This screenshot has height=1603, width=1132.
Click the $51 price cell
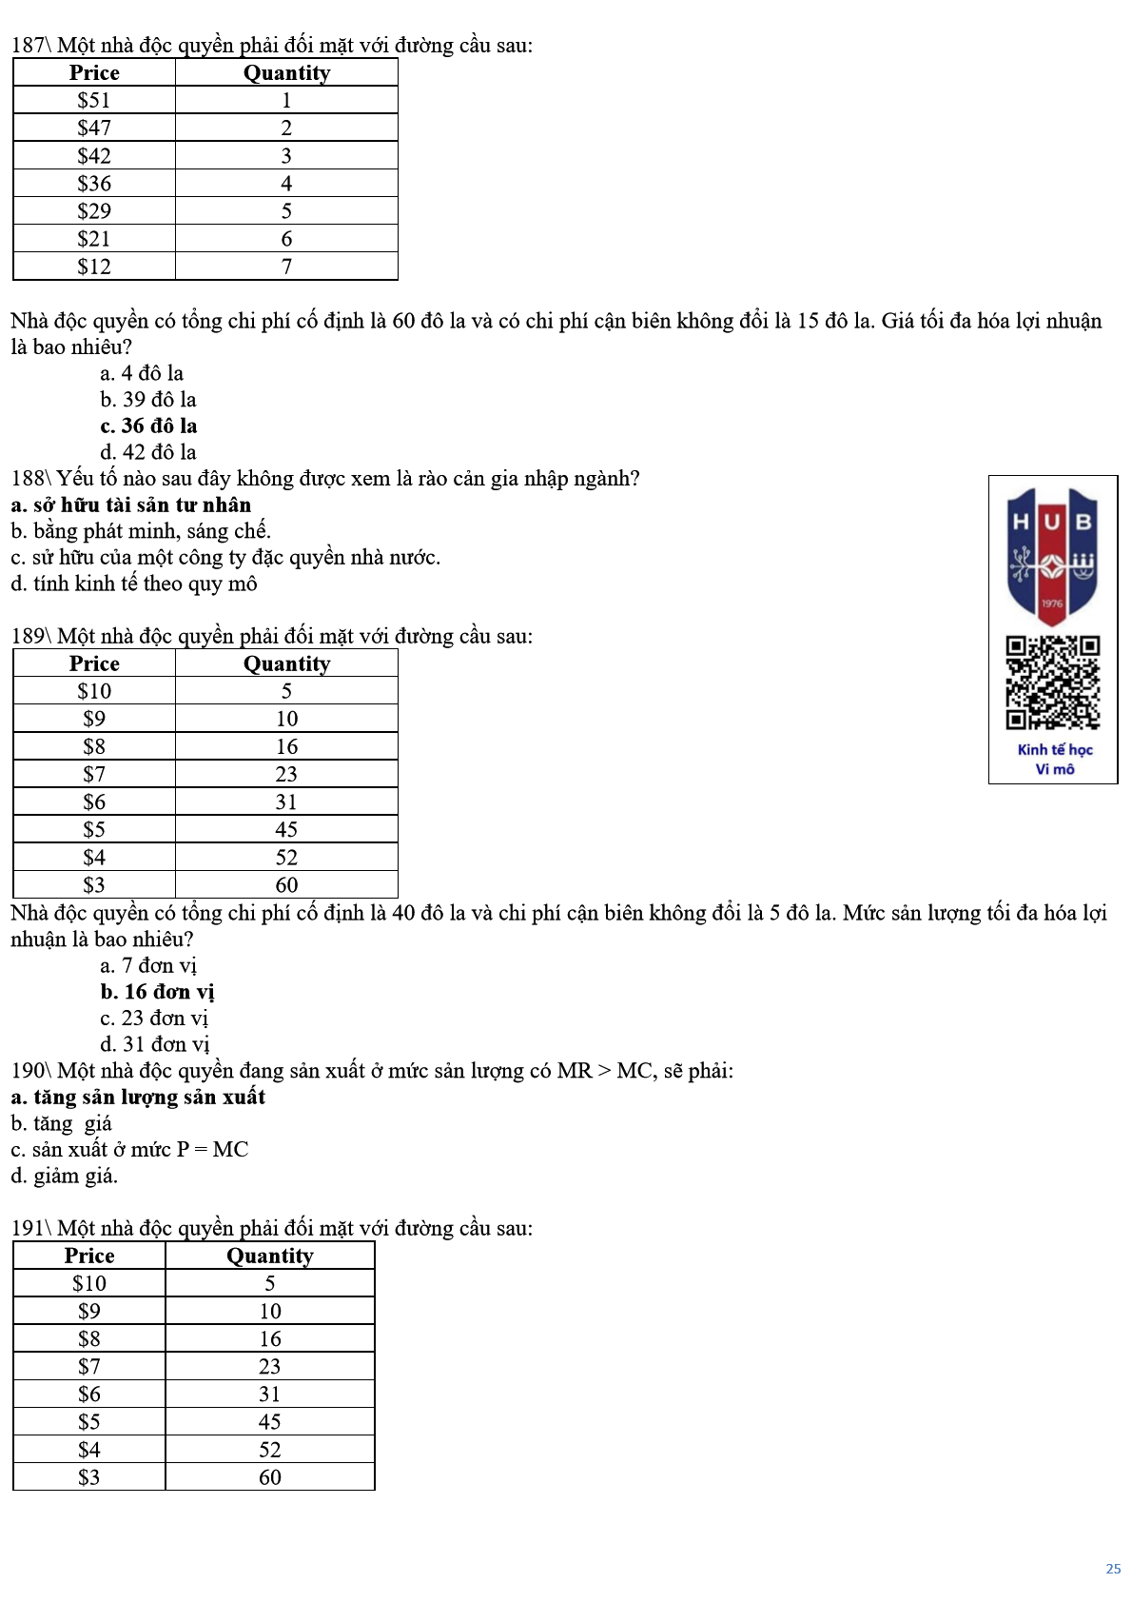point(94,100)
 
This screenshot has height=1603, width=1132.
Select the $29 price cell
point(94,210)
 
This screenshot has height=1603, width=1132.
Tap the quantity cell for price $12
point(286,267)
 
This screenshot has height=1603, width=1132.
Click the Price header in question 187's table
point(94,72)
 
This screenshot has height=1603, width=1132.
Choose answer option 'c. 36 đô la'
point(148,425)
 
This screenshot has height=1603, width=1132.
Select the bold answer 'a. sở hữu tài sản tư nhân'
point(130,505)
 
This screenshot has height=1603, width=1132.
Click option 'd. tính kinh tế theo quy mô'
point(133,584)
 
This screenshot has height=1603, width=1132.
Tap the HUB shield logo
point(1052,555)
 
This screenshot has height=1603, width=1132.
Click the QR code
point(1053,683)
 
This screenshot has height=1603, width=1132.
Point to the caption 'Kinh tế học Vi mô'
point(1054,759)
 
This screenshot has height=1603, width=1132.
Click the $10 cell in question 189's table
point(94,691)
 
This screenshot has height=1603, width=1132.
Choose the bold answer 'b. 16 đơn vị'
point(157,992)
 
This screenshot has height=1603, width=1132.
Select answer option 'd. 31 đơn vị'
point(154,1044)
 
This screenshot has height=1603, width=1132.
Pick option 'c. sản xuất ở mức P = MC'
point(129,1149)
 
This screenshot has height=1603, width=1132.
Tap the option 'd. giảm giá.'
point(64,1176)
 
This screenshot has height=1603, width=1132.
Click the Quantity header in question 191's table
point(270,1256)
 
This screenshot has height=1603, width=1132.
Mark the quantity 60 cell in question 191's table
point(270,1476)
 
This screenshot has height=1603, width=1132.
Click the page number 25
point(1113,1568)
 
